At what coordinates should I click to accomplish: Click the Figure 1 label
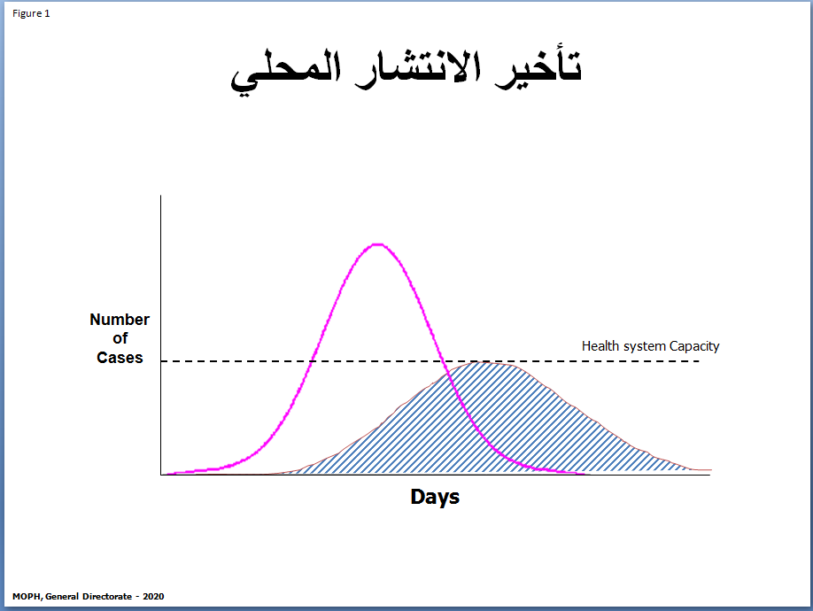[x=31, y=13]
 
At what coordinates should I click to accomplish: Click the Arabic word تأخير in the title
[x=538, y=68]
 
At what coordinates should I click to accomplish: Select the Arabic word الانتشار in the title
[x=418, y=69]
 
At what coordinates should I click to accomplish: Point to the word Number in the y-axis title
[x=120, y=320]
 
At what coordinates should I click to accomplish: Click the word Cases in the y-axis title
[x=120, y=358]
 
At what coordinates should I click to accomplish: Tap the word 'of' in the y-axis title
[x=120, y=338]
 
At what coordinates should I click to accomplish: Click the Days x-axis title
[x=435, y=497]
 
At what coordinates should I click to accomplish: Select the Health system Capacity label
[x=650, y=346]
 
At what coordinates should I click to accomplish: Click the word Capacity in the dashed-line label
[x=694, y=346]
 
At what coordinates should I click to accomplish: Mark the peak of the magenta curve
[x=378, y=244]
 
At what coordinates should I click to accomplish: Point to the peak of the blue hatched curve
[x=484, y=362]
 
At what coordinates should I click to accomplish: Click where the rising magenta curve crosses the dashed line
[x=312, y=361]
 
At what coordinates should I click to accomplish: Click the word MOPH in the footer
[x=27, y=597]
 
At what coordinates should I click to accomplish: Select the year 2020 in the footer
[x=153, y=597]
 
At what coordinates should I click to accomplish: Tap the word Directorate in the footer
[x=107, y=597]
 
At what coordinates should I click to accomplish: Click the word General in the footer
[x=62, y=597]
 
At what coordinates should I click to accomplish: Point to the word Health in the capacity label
[x=597, y=345]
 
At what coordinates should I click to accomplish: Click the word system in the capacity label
[x=641, y=347]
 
